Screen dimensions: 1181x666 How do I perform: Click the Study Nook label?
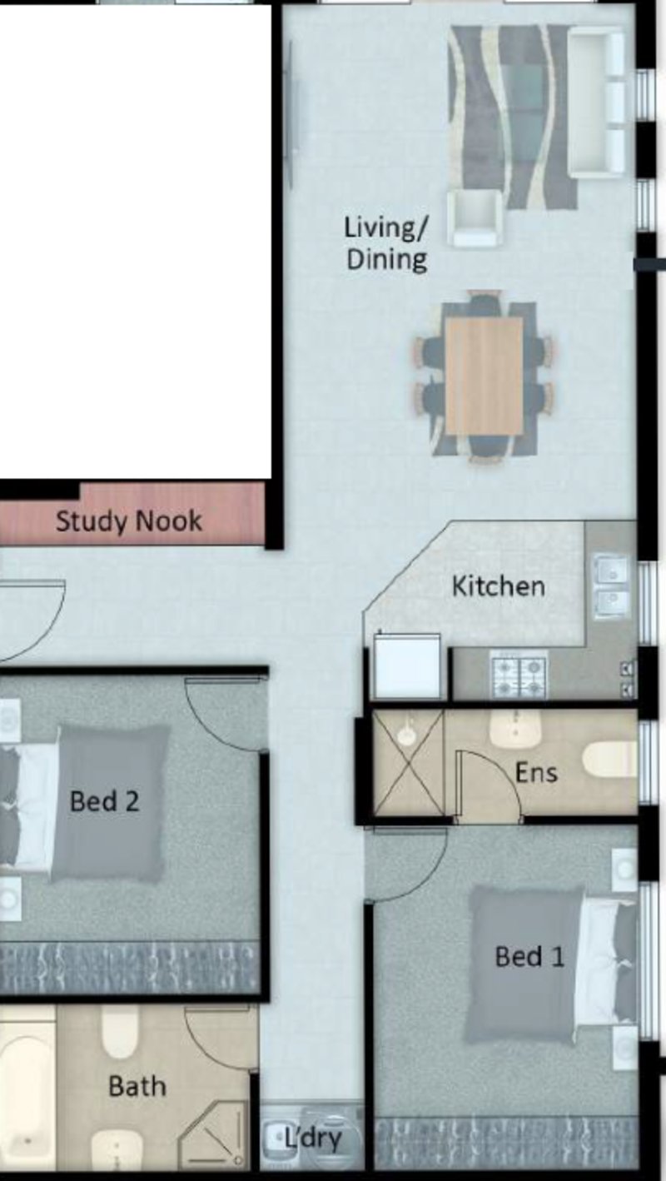(x=128, y=522)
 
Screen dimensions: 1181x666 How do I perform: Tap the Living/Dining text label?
(x=385, y=242)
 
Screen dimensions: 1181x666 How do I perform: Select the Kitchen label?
(x=498, y=586)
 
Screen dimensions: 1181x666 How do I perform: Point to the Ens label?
(x=535, y=772)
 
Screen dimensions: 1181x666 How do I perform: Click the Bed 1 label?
(x=529, y=955)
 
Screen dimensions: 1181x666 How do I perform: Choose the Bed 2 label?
(x=104, y=801)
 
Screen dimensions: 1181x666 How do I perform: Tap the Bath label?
(x=137, y=1085)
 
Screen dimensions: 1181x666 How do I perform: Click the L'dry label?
(x=313, y=1138)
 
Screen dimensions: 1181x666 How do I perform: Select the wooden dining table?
(x=484, y=376)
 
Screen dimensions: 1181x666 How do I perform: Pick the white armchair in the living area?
(x=474, y=218)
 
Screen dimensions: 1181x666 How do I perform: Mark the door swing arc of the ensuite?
(x=490, y=786)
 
